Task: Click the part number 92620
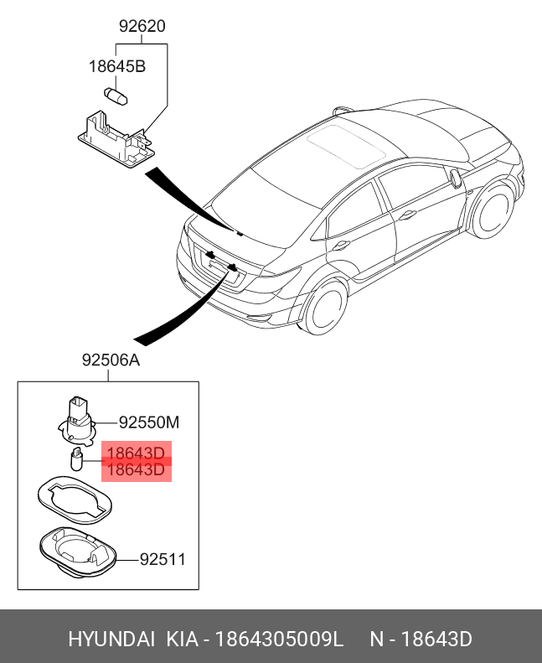[x=142, y=26]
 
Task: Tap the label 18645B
[x=117, y=65]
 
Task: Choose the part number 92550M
[x=149, y=422]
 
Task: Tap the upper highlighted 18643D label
[x=136, y=453]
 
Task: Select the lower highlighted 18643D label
[x=136, y=470]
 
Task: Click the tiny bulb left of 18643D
[x=74, y=459]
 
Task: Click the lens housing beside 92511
[x=77, y=552]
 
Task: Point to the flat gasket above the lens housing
[x=74, y=502]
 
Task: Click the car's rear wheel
[x=323, y=307]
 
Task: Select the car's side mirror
[x=455, y=178]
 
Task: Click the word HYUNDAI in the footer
[x=111, y=640]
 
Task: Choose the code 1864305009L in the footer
[x=279, y=640]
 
